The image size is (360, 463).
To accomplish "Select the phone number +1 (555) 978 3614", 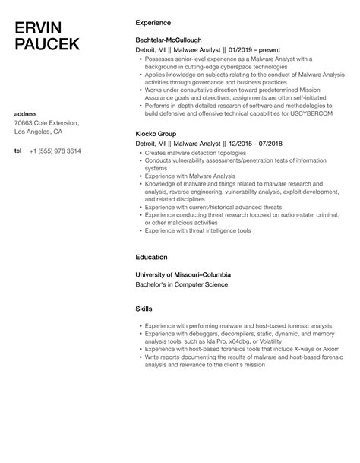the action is point(55,151).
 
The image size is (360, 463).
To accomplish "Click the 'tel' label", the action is point(18,151).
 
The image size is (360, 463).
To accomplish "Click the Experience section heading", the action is point(154,23).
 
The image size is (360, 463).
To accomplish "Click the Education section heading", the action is point(152,257).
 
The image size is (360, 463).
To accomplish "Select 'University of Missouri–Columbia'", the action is point(183,274).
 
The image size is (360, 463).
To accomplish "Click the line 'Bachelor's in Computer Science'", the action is point(180,284).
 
